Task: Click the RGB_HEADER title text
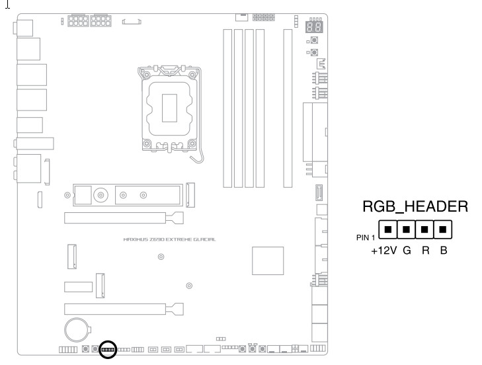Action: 415,207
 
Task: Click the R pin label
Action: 426,251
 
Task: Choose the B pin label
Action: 444,251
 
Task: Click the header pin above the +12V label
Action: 388,231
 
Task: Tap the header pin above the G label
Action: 407,231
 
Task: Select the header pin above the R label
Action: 425,231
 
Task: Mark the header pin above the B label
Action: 444,231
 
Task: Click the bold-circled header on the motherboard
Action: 107,348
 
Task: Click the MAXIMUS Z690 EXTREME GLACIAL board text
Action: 169,239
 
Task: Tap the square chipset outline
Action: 268,261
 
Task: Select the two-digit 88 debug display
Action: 315,26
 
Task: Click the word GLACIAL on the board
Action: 202,239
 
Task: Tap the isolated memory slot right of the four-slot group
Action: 287,109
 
